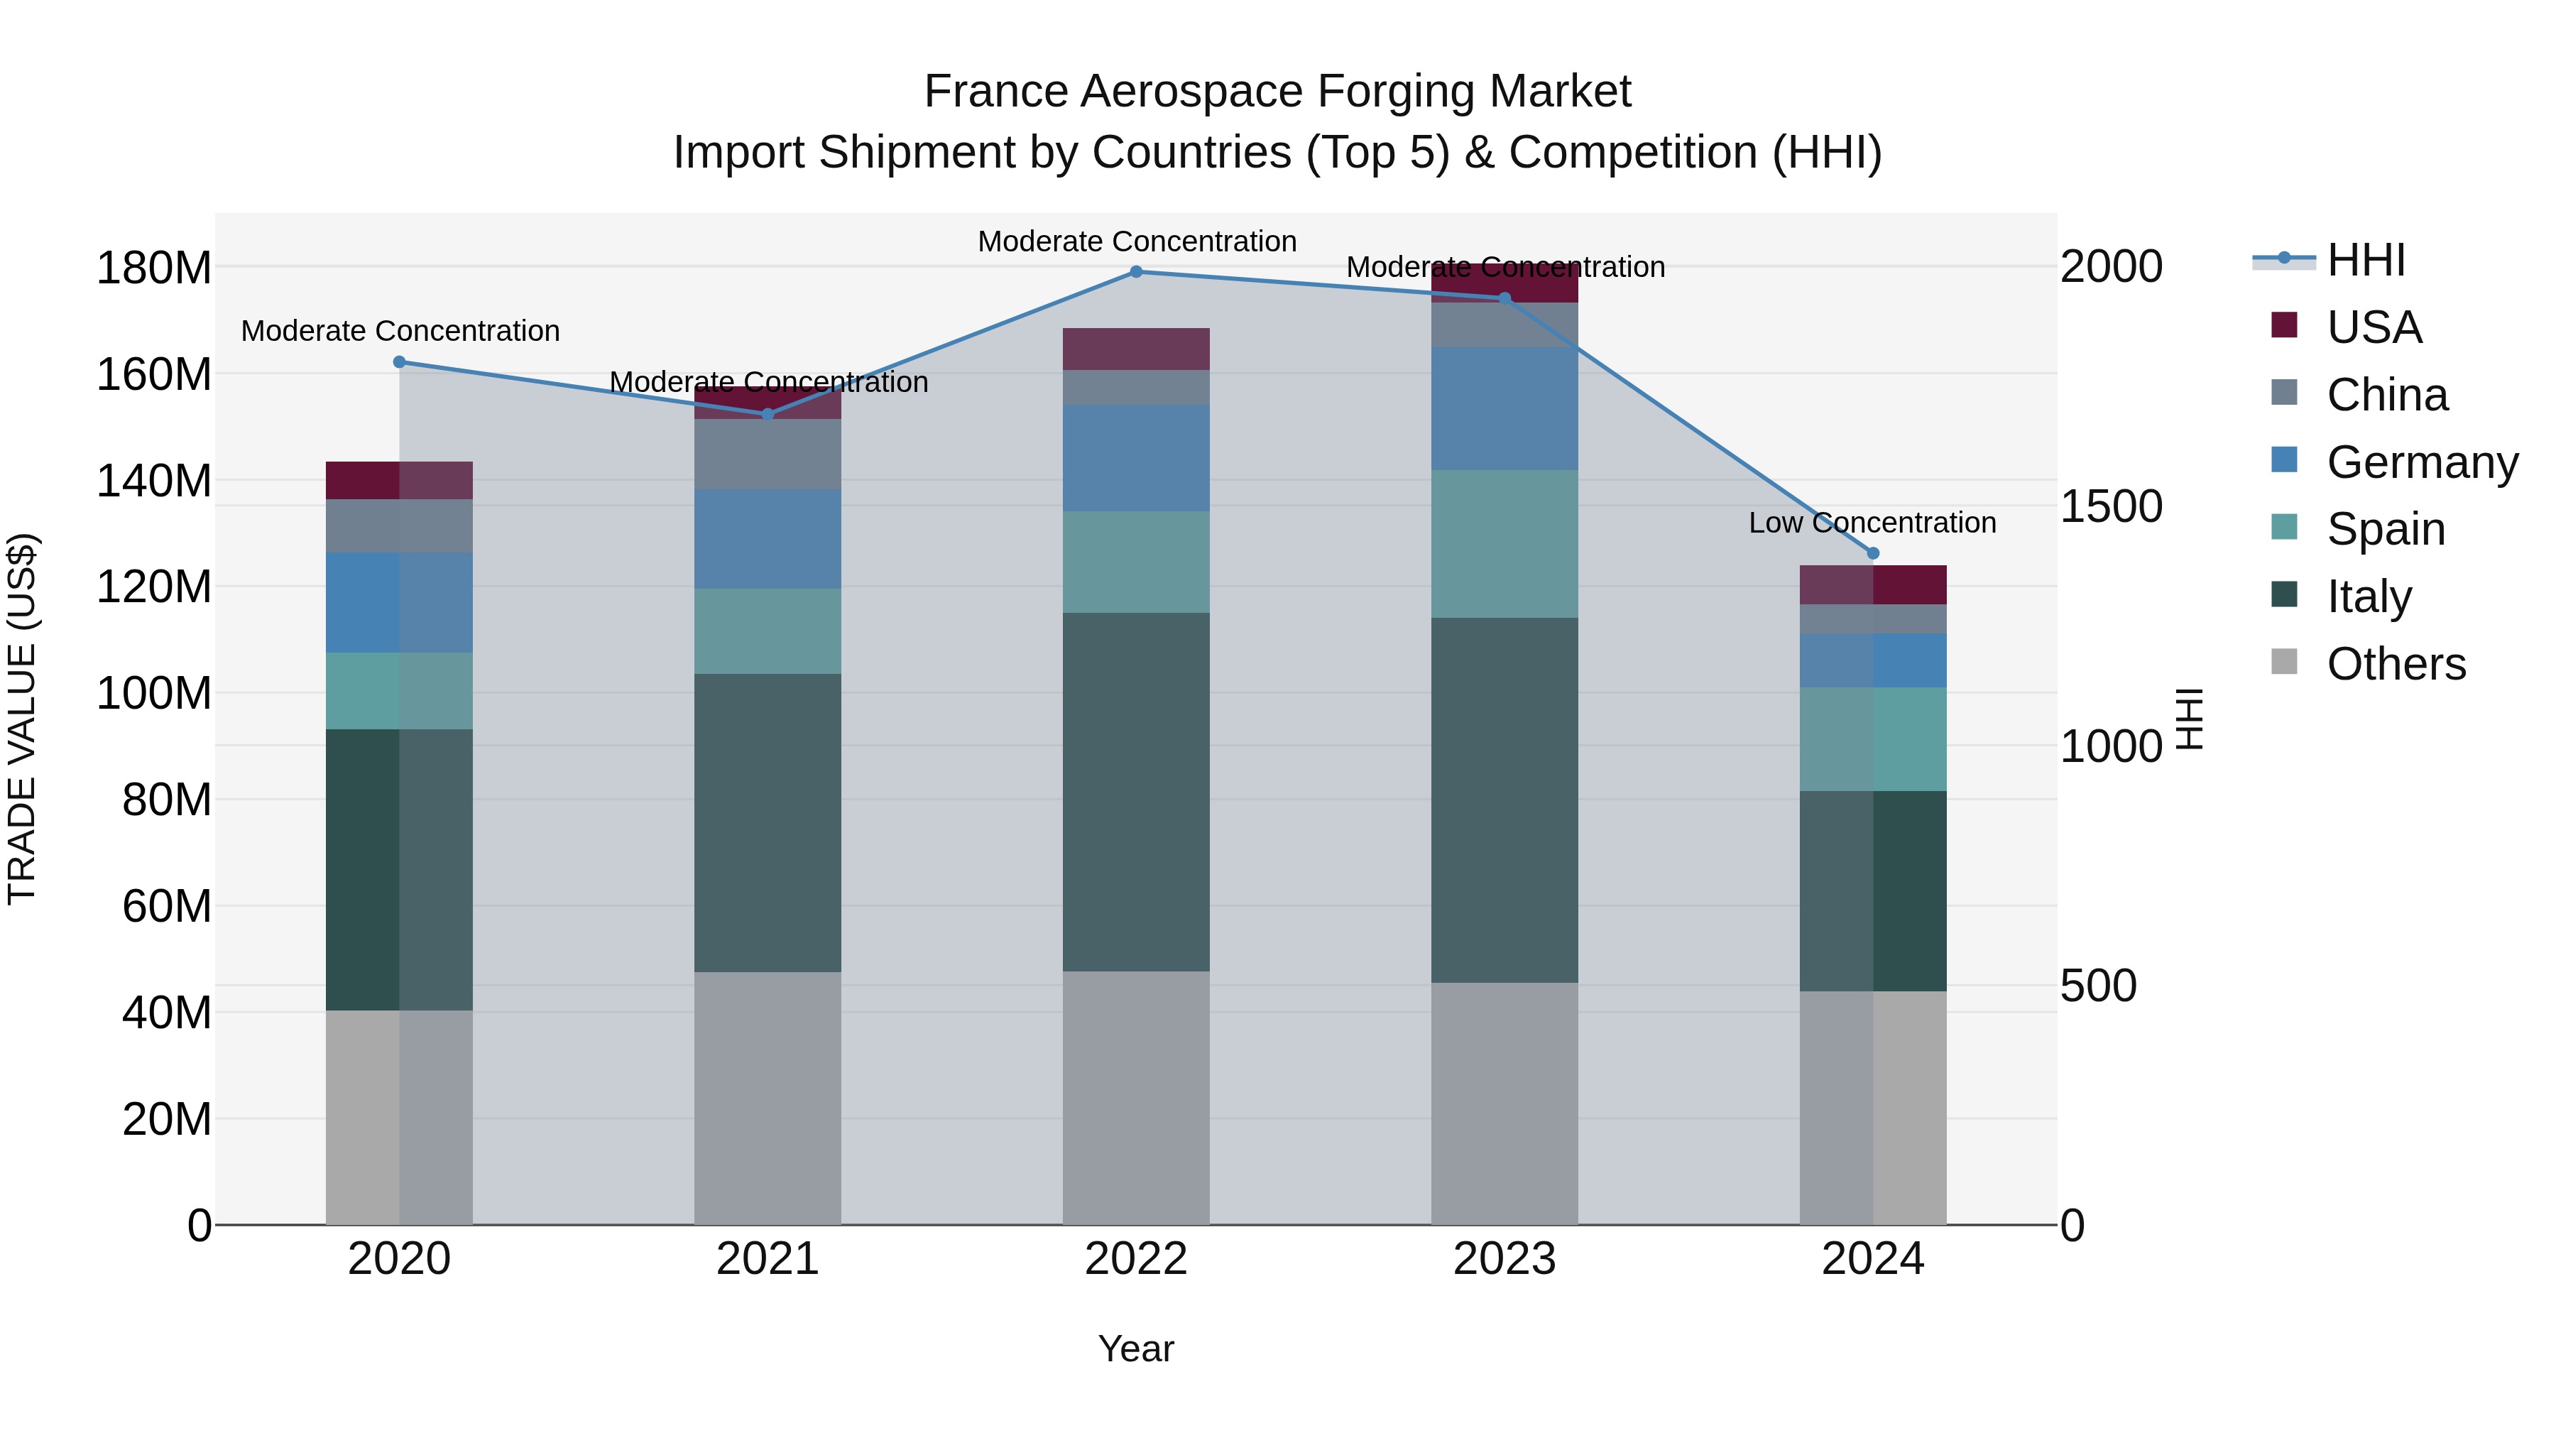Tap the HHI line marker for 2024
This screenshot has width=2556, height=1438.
click(1874, 554)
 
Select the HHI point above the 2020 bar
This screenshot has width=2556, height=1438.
click(399, 362)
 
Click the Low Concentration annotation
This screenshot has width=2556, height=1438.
click(1872, 523)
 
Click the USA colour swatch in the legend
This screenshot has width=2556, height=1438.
click(2284, 325)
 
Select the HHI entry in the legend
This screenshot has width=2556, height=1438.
click(2366, 260)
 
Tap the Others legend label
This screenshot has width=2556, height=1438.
click(2396, 664)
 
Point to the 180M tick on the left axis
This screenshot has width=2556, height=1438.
click(154, 268)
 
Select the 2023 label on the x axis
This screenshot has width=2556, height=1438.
click(1504, 1259)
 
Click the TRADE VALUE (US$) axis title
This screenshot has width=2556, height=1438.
click(22, 719)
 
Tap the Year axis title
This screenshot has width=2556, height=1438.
click(1136, 1349)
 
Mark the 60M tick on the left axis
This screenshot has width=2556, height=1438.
click(167, 906)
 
